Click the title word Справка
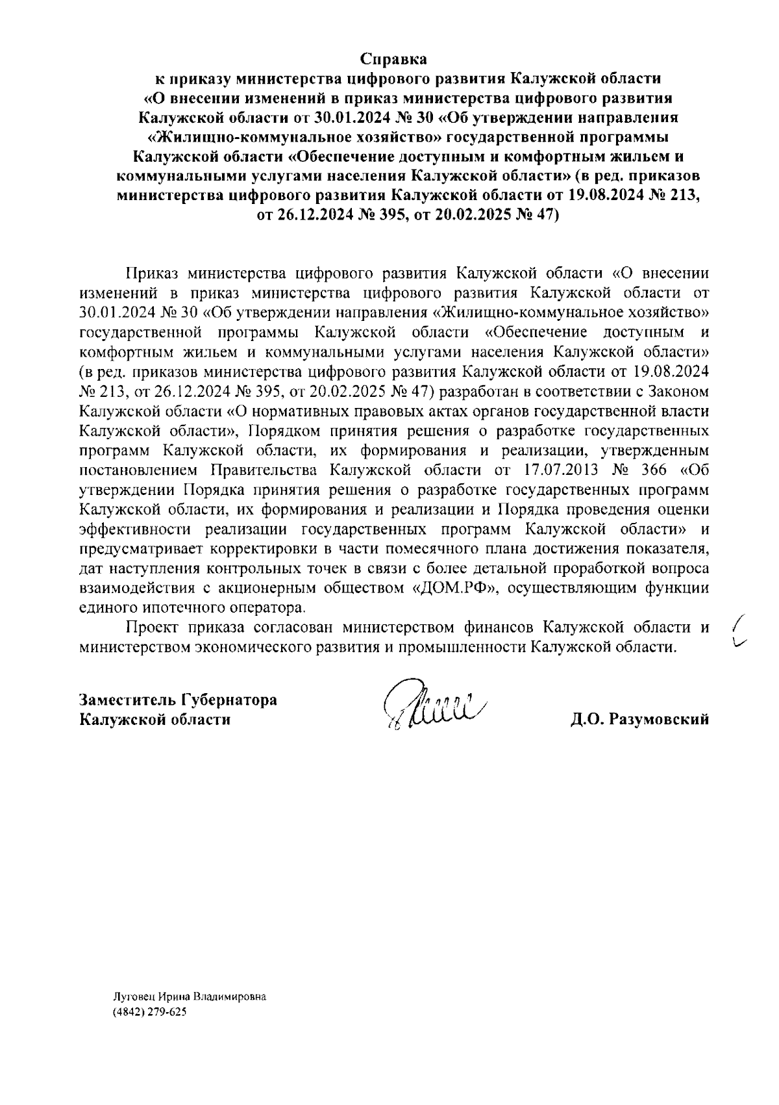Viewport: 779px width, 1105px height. click(x=394, y=60)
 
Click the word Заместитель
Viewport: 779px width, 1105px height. click(x=126, y=700)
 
